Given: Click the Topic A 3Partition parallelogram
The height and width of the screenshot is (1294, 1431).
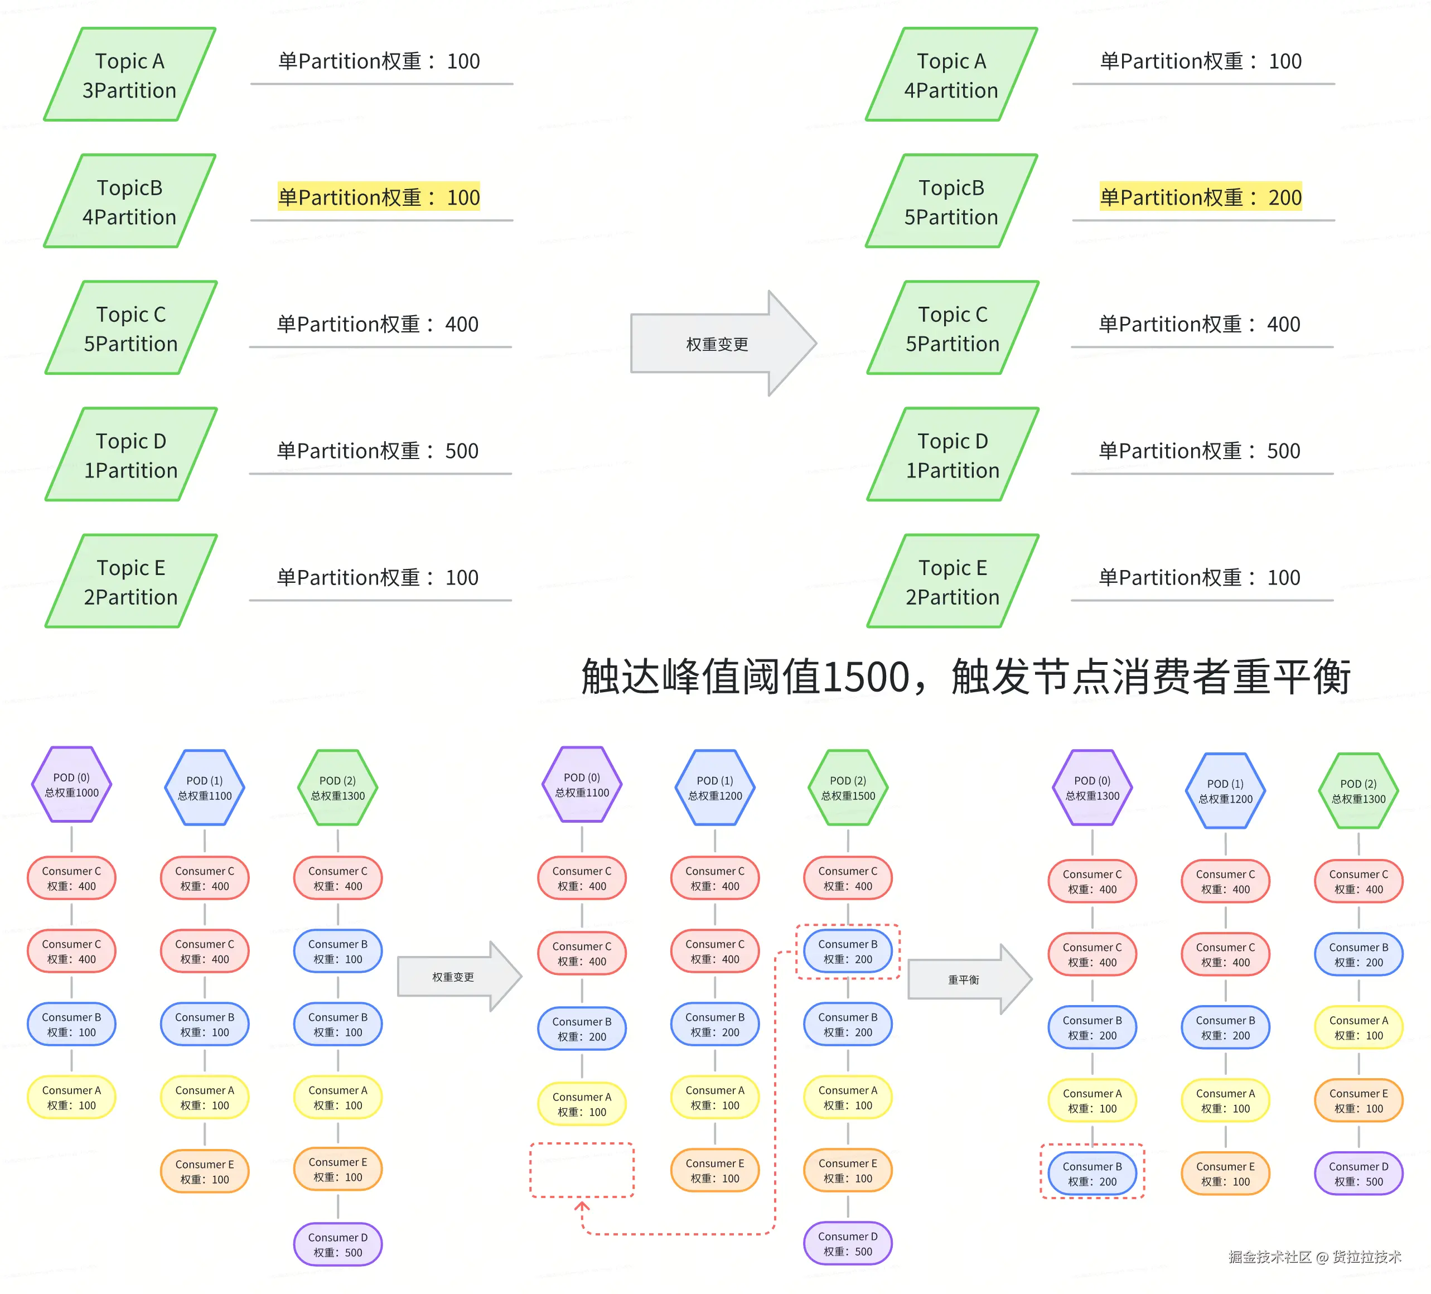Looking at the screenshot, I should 129,75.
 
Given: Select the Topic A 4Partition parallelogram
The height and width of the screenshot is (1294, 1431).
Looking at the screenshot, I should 951,75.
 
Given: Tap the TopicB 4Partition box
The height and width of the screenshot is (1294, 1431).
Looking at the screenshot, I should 129,201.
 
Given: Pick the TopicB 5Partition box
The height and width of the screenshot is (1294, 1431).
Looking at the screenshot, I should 951,201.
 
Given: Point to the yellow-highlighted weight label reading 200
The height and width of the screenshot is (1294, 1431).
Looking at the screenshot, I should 1200,197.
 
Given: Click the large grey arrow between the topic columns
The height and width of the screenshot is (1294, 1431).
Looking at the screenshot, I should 721,344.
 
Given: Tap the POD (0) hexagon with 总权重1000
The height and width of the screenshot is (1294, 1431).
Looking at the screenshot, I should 72,785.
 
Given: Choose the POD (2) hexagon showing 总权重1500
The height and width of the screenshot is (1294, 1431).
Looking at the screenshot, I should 848,788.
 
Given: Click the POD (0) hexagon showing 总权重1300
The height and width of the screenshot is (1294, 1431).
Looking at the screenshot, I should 1092,788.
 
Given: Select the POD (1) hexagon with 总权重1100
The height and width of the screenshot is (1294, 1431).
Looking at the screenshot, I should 205,788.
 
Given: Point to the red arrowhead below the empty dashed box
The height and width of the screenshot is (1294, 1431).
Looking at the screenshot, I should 582,1205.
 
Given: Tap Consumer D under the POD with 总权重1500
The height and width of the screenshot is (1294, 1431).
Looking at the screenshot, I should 848,1244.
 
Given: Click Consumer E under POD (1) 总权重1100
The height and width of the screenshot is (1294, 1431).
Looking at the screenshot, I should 205,1171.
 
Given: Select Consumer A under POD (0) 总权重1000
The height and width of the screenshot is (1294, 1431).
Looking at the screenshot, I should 72,1097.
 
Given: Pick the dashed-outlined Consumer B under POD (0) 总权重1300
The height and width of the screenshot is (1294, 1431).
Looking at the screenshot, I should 1092,1174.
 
